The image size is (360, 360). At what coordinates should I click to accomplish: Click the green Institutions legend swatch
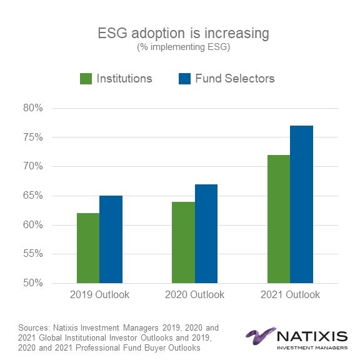tap(86, 79)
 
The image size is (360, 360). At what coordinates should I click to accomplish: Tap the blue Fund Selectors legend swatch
tap(184, 79)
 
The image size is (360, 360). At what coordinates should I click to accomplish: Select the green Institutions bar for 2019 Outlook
tap(88, 248)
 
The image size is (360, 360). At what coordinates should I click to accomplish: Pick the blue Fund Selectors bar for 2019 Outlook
tap(111, 239)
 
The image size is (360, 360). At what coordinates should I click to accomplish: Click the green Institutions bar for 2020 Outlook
tap(183, 242)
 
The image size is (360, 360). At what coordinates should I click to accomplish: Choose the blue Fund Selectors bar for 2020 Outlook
tap(206, 234)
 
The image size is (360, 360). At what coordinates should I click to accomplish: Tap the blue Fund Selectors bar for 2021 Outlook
tap(302, 204)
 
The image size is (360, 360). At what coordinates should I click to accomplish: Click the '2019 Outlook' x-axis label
tap(100, 294)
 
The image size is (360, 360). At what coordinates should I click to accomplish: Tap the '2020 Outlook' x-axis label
tap(195, 294)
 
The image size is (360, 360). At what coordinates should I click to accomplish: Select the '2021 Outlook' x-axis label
tap(291, 294)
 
